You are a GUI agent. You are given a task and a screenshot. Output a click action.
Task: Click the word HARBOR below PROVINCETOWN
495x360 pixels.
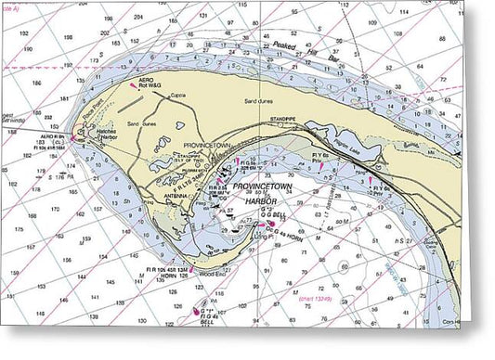pyautogui.click(x=250, y=200)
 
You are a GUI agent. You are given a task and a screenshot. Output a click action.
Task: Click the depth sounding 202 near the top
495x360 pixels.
pyautogui.click(x=104, y=32)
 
